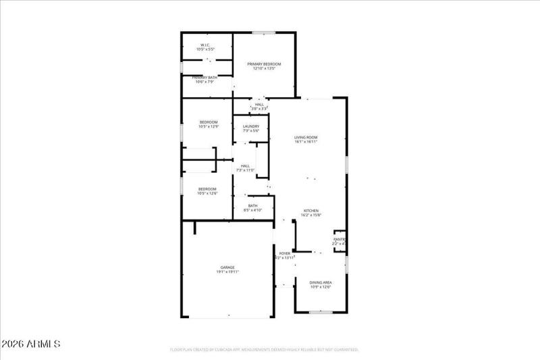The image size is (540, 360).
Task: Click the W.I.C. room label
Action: (x=205, y=46)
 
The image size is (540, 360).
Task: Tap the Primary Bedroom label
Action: (x=263, y=64)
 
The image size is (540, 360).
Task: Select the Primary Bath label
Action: (x=205, y=78)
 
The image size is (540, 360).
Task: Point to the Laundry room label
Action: (x=250, y=126)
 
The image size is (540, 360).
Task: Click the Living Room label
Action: (x=306, y=137)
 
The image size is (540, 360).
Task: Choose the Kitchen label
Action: (x=310, y=211)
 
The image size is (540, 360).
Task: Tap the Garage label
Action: (x=227, y=267)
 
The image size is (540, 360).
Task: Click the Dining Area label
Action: (x=320, y=282)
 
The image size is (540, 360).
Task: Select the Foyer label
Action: (x=285, y=253)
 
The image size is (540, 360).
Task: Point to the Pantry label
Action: (x=340, y=240)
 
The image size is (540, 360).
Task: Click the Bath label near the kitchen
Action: (x=252, y=206)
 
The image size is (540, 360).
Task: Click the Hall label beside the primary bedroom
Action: (x=259, y=105)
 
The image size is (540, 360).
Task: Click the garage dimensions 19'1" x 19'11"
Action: (x=227, y=272)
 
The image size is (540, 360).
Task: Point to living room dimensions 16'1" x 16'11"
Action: (x=306, y=142)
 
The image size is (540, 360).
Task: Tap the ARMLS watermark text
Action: (x=32, y=344)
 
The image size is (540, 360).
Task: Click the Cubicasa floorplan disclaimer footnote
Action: (x=263, y=350)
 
